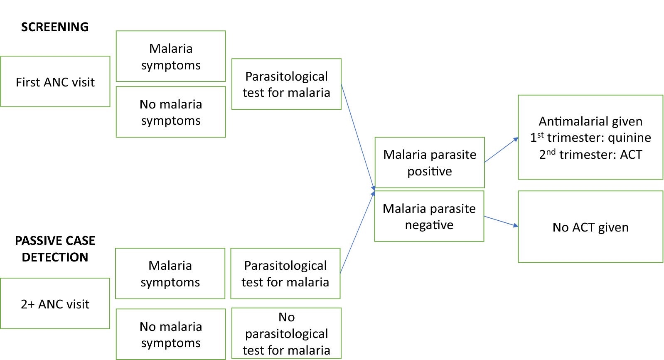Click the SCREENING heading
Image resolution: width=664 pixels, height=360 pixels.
(x=55, y=27)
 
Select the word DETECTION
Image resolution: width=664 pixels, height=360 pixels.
(x=55, y=257)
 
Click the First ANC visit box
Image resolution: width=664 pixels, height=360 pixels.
(x=55, y=81)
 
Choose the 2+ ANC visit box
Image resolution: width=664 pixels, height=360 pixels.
(x=55, y=303)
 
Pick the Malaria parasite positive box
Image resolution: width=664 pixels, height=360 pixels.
(x=430, y=163)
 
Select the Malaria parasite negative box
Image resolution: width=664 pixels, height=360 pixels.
(x=429, y=216)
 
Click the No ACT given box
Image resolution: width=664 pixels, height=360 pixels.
(x=590, y=227)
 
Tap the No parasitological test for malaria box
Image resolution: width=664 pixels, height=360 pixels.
(x=286, y=333)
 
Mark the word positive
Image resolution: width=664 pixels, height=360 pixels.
(x=430, y=171)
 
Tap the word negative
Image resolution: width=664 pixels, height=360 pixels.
(x=429, y=225)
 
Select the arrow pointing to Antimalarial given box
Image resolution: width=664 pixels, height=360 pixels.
(x=502, y=150)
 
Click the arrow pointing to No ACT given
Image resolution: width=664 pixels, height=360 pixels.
(x=501, y=221)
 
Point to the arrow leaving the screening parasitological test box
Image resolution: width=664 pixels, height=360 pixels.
(x=358, y=137)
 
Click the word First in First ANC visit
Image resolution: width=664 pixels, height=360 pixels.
(x=28, y=82)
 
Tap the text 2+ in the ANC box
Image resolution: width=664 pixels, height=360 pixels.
(x=27, y=304)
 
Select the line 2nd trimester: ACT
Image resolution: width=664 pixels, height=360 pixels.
(x=590, y=155)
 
